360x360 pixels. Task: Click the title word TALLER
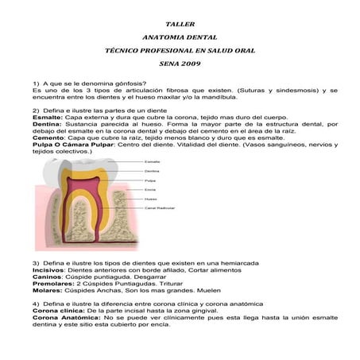(x=180, y=25)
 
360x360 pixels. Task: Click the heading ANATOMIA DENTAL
(x=180, y=37)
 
